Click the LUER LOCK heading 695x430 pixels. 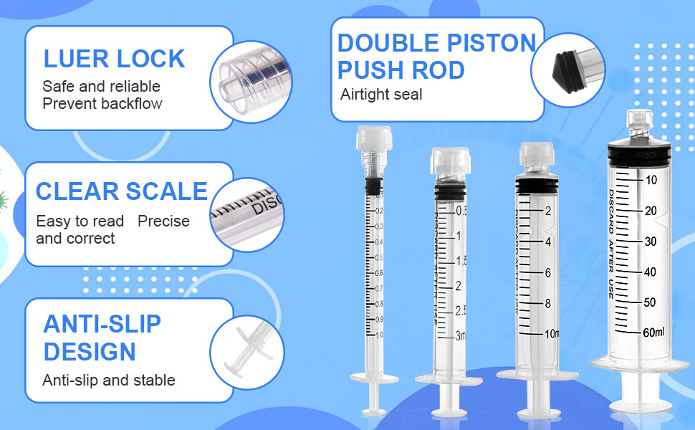click(x=114, y=59)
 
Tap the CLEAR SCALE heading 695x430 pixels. click(x=121, y=191)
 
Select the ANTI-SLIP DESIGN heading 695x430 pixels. click(x=102, y=338)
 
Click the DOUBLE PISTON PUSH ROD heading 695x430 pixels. click(x=436, y=57)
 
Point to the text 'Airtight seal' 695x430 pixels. click(x=381, y=95)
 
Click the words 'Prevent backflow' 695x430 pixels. click(x=102, y=103)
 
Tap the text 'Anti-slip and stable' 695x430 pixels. click(x=109, y=380)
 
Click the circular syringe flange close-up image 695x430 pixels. click(x=247, y=352)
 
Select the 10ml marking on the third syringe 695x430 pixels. click(x=552, y=335)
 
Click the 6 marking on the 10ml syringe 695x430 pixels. click(x=547, y=272)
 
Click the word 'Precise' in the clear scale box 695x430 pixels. click(x=163, y=221)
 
